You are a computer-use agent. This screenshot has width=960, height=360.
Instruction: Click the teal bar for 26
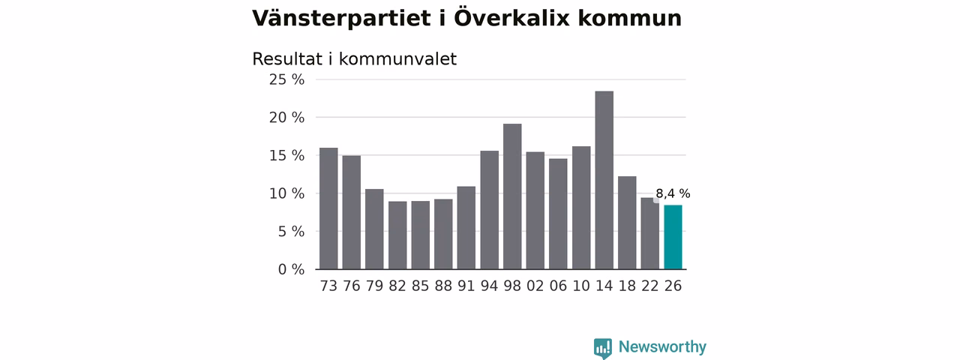673,237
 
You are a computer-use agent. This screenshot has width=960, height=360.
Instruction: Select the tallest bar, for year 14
604,180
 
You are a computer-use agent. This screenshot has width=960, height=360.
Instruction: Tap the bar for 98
512,196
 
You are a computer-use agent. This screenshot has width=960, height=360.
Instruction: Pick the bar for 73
328,208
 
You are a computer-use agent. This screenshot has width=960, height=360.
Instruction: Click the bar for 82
397,235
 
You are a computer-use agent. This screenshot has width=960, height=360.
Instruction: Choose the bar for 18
627,223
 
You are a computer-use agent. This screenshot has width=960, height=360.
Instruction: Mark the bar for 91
466,227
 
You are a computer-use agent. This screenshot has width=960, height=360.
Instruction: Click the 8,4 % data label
673,193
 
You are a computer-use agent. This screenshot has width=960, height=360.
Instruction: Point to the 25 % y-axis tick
286,79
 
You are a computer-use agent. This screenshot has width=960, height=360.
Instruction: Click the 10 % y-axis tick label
286,193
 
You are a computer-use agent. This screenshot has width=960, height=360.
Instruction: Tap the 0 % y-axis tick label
291,269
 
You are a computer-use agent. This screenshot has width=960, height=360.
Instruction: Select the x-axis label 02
535,286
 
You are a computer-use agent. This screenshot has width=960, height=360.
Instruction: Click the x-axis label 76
352,286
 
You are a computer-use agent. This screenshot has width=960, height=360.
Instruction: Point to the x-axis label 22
650,286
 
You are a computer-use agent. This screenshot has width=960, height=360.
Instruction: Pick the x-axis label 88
443,286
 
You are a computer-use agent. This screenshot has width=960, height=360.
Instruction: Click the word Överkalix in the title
511,18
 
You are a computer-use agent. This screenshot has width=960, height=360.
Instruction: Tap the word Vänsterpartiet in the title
341,19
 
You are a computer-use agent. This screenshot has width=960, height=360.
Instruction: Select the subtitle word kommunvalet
397,59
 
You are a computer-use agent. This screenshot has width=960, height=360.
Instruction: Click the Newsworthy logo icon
602,349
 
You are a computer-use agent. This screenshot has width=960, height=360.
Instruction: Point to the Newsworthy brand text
662,346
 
